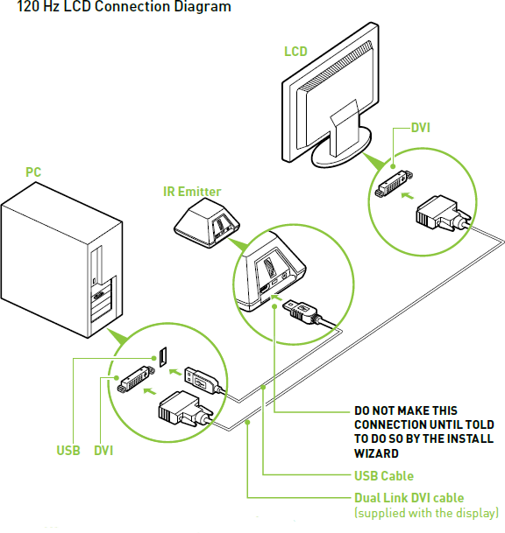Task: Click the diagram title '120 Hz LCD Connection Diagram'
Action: [x=124, y=7]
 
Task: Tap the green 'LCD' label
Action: [x=295, y=52]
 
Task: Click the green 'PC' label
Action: [x=33, y=172]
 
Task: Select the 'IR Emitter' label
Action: [x=192, y=192]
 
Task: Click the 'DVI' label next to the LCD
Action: [x=421, y=128]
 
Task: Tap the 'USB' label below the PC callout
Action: [x=68, y=451]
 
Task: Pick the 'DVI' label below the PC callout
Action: [x=103, y=451]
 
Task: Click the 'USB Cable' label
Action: [x=384, y=476]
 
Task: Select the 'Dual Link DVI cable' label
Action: [x=409, y=498]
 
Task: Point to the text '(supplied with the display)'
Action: [x=426, y=513]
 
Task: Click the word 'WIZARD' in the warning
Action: [x=376, y=453]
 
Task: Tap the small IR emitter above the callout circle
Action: [x=207, y=222]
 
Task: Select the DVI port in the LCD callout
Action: [x=394, y=183]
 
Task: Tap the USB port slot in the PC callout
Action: [x=163, y=357]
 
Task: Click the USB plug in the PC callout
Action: [x=203, y=381]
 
